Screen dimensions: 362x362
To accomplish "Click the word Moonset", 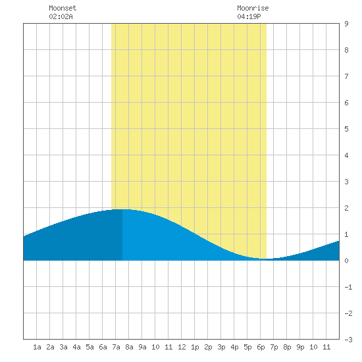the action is pos(63,8).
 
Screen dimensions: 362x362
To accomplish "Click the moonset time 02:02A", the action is pos(61,16).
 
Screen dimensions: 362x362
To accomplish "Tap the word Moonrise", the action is pos(253,8).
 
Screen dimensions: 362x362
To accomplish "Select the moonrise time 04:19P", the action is pos(249,16).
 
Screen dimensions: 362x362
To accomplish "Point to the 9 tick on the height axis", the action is pos(346,24).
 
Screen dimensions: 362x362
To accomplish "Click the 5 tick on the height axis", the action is pos(346,129).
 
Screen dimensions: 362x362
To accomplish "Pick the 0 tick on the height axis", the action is pos(346,261).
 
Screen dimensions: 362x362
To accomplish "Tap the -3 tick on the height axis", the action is pos(348,340).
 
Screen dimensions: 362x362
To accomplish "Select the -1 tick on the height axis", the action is pos(348,287).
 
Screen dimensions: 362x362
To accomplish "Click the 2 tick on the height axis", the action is pos(346,208).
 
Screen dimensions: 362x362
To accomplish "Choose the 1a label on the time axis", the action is pos(37,347).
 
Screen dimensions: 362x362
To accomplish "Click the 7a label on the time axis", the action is pos(116,347).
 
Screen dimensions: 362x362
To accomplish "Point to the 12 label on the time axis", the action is pos(182,347).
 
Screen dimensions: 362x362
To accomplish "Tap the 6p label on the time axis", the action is pos(261,347).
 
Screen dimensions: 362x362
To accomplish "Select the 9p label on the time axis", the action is pos(300,347).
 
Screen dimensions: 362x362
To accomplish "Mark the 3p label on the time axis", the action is pos(221,347).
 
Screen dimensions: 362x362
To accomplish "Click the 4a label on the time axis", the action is pos(76,347).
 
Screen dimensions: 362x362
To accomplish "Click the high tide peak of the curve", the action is pos(122,209).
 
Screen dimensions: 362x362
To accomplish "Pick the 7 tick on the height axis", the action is pos(346,76).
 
